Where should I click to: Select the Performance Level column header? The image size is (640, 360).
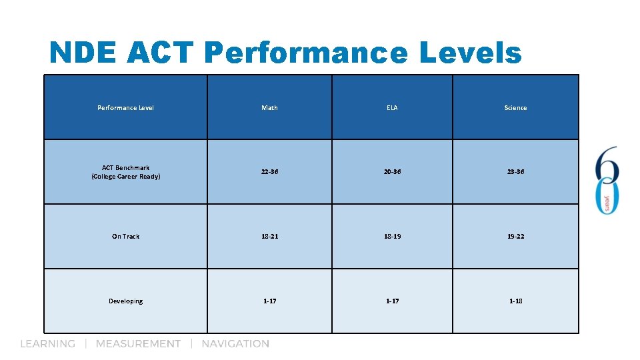pos(125,107)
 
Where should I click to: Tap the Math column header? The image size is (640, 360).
pos(269,107)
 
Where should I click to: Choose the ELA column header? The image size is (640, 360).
pos(392,107)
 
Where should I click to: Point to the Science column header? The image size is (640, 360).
pos(515,107)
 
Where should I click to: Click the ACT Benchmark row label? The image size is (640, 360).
pos(125,172)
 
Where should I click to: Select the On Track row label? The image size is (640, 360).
pos(125,237)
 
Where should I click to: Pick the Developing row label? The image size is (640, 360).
pos(125,301)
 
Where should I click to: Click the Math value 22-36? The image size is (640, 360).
pos(269,172)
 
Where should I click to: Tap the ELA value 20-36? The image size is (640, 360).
pos(392,172)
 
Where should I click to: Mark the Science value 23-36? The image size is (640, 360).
pos(515,172)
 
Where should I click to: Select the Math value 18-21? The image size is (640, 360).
pos(269,237)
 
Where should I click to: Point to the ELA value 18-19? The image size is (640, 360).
pos(392,237)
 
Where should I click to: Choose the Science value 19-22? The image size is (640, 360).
pos(515,237)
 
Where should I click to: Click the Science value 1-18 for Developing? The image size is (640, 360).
pos(515,301)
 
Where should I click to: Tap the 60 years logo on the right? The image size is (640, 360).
pos(607,180)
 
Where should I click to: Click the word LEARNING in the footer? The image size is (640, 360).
pos(47,344)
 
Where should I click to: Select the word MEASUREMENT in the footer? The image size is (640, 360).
pos(138,344)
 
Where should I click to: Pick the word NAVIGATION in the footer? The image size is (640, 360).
pos(235,344)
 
